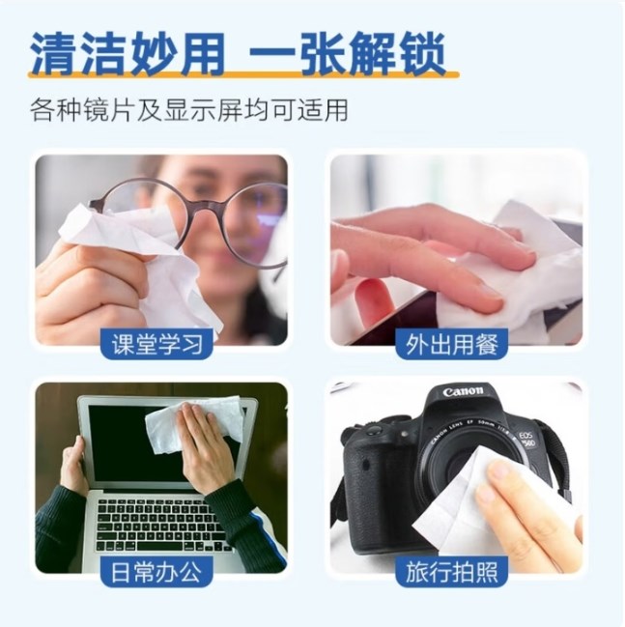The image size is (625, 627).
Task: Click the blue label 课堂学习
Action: [156, 344]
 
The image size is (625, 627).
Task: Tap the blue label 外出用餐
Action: [451, 344]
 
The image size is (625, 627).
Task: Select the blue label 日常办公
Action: [156, 571]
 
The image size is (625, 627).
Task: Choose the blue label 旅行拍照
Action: [451, 571]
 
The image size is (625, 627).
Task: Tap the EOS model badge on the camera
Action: [526, 440]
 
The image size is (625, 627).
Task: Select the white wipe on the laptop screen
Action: [192, 420]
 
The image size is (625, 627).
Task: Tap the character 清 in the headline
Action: [54, 53]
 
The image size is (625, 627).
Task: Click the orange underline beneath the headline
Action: [243, 74]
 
